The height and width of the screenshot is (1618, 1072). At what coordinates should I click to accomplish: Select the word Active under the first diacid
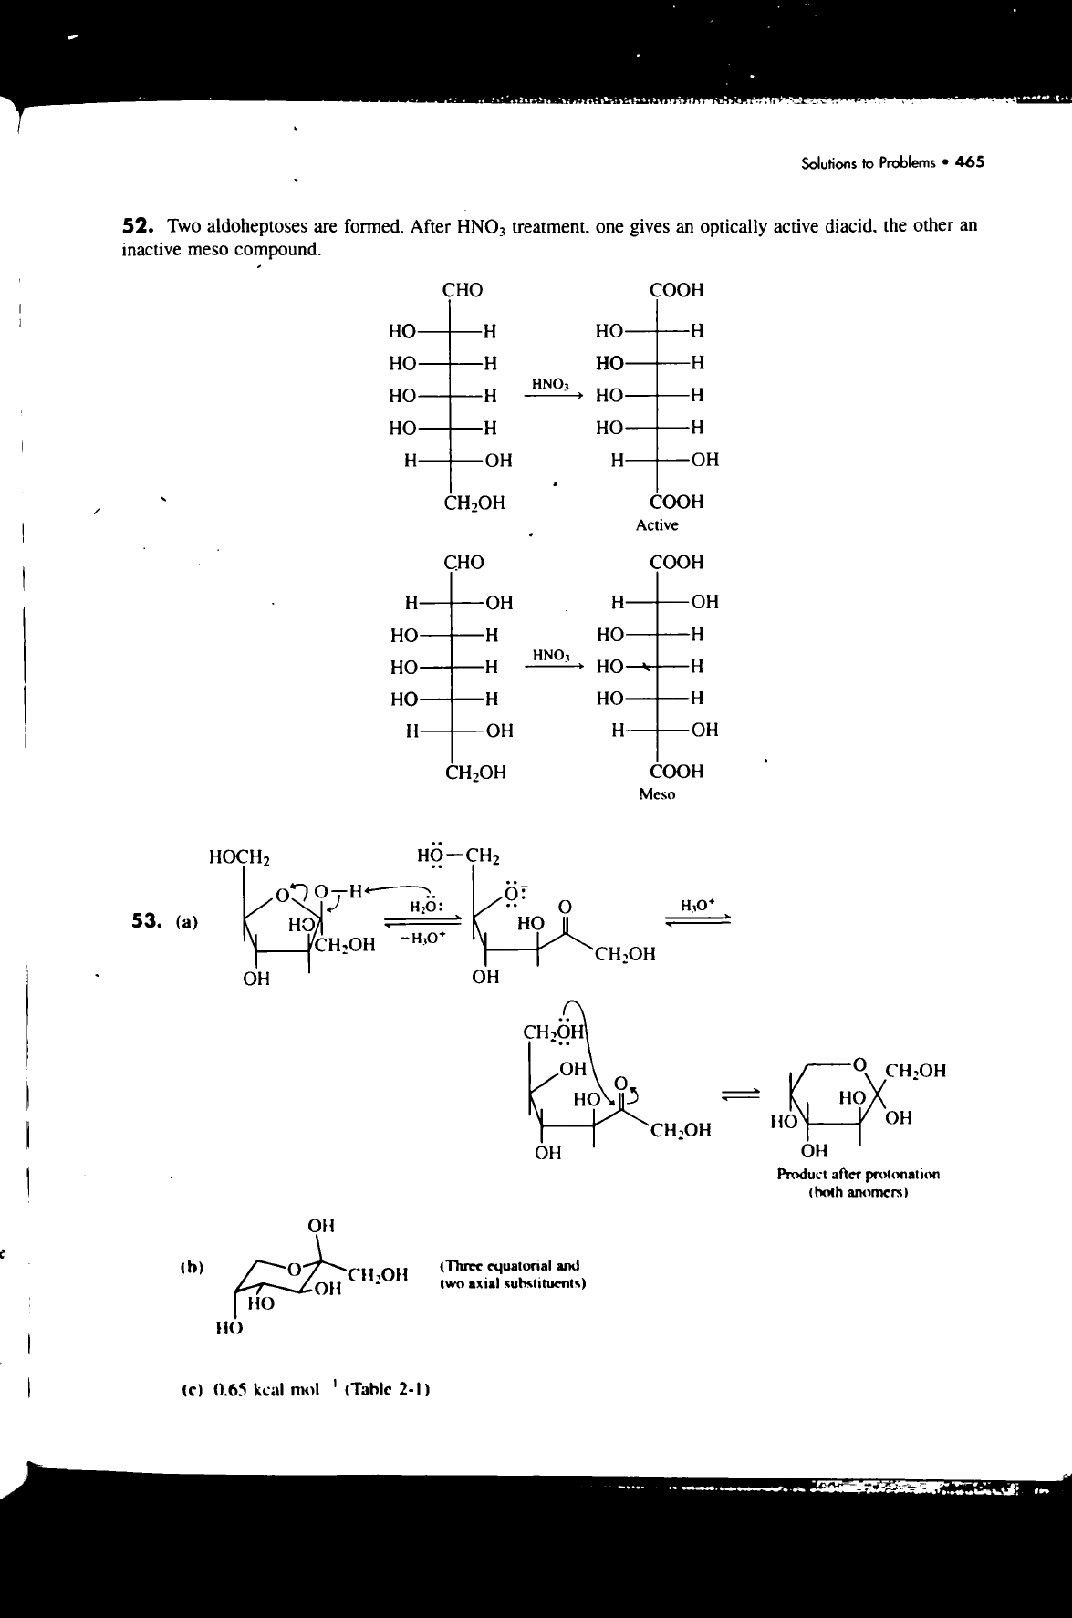pyautogui.click(x=657, y=525)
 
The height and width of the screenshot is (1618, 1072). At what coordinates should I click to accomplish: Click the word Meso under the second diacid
pyautogui.click(x=657, y=794)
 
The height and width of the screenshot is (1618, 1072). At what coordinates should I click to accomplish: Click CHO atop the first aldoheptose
pyautogui.click(x=463, y=291)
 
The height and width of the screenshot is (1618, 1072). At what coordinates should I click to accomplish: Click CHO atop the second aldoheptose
pyautogui.click(x=463, y=562)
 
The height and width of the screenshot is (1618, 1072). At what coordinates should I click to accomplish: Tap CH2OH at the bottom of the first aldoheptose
pyautogui.click(x=474, y=503)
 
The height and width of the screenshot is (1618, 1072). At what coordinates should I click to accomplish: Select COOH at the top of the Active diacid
pyautogui.click(x=676, y=291)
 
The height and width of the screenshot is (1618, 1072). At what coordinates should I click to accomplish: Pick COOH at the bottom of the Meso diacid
pyautogui.click(x=676, y=772)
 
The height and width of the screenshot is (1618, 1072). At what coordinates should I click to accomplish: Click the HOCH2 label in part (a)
pyautogui.click(x=237, y=856)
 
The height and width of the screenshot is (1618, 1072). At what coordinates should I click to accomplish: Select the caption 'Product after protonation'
pyautogui.click(x=858, y=1174)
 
